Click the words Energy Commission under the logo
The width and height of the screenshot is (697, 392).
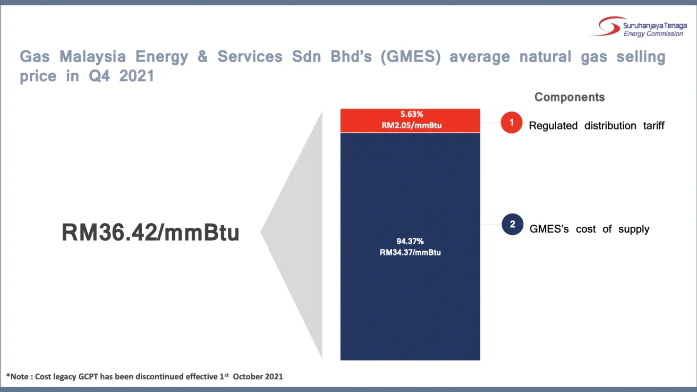click(x=653, y=34)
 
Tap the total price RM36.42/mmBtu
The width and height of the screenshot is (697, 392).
click(x=150, y=233)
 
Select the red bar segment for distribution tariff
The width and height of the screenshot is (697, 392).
click(x=361, y=121)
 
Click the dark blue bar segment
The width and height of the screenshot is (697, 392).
click(x=410, y=308)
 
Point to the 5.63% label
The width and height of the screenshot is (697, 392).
click(x=410, y=114)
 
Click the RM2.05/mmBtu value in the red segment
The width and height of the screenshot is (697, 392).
click(x=410, y=125)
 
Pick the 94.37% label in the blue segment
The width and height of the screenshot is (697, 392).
click(x=410, y=242)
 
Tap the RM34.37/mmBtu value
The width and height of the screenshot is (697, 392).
click(x=410, y=252)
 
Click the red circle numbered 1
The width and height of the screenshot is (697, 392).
click(x=512, y=123)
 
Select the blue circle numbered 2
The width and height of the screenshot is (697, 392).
click(x=512, y=224)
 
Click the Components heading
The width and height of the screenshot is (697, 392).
click(x=569, y=97)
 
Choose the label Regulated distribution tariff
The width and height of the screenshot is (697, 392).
click(x=597, y=126)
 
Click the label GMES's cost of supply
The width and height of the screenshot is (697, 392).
click(x=589, y=229)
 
